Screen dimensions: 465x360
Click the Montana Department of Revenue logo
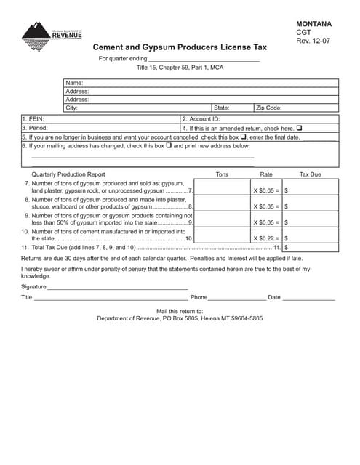pos(51,35)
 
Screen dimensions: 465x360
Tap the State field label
pos(221,108)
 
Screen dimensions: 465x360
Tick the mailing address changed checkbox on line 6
pos(169,145)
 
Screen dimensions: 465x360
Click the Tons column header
pos(222,174)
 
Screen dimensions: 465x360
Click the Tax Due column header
pos(310,174)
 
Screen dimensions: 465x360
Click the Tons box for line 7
pos(222,187)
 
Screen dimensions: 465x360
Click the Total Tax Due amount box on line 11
pos(310,248)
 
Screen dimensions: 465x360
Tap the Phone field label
pos(199,297)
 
